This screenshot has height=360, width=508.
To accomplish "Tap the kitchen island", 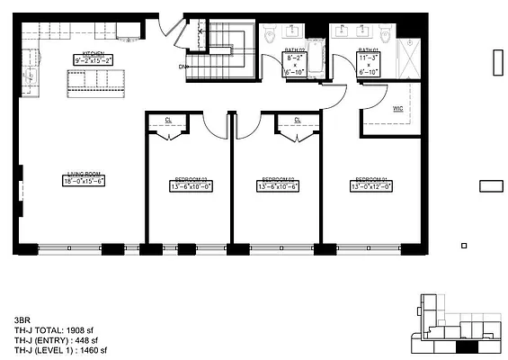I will (95, 83).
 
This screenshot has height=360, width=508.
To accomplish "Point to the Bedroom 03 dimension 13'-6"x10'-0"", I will (189, 186).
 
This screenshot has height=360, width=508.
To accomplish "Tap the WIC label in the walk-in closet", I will (397, 109).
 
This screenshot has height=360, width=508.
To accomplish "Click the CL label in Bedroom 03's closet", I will (168, 121).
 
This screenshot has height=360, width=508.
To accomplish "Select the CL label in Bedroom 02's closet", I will (298, 121).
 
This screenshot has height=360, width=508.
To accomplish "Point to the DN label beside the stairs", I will (183, 67).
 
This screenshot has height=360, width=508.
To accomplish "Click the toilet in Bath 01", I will (386, 37).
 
